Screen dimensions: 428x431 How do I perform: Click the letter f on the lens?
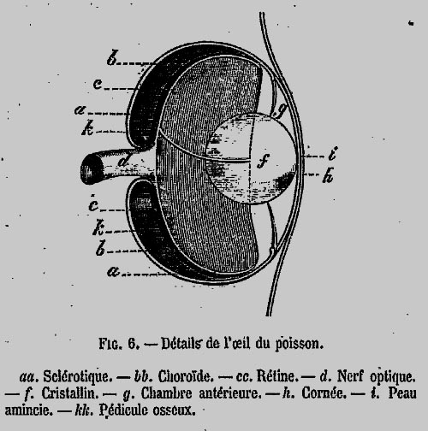coord(263,161)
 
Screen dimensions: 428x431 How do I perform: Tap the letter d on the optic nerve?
coord(123,161)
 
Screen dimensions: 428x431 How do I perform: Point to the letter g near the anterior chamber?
coord(281,109)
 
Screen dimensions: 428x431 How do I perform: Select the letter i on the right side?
coord(333,153)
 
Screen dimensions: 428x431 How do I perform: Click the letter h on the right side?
coord(328,175)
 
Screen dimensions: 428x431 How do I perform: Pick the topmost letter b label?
coord(112,57)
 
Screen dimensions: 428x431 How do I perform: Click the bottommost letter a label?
coord(113,271)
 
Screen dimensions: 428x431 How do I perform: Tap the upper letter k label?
coord(87,127)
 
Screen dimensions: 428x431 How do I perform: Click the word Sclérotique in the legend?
coord(76,377)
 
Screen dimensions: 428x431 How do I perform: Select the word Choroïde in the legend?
coord(186,376)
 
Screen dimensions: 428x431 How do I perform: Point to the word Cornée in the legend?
coord(324,393)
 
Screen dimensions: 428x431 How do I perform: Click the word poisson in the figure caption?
coord(299,344)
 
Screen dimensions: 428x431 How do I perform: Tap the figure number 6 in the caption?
coord(133,344)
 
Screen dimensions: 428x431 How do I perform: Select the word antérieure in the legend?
coord(230,393)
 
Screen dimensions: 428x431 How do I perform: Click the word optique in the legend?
coord(392,377)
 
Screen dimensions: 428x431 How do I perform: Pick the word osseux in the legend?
coord(174,410)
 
